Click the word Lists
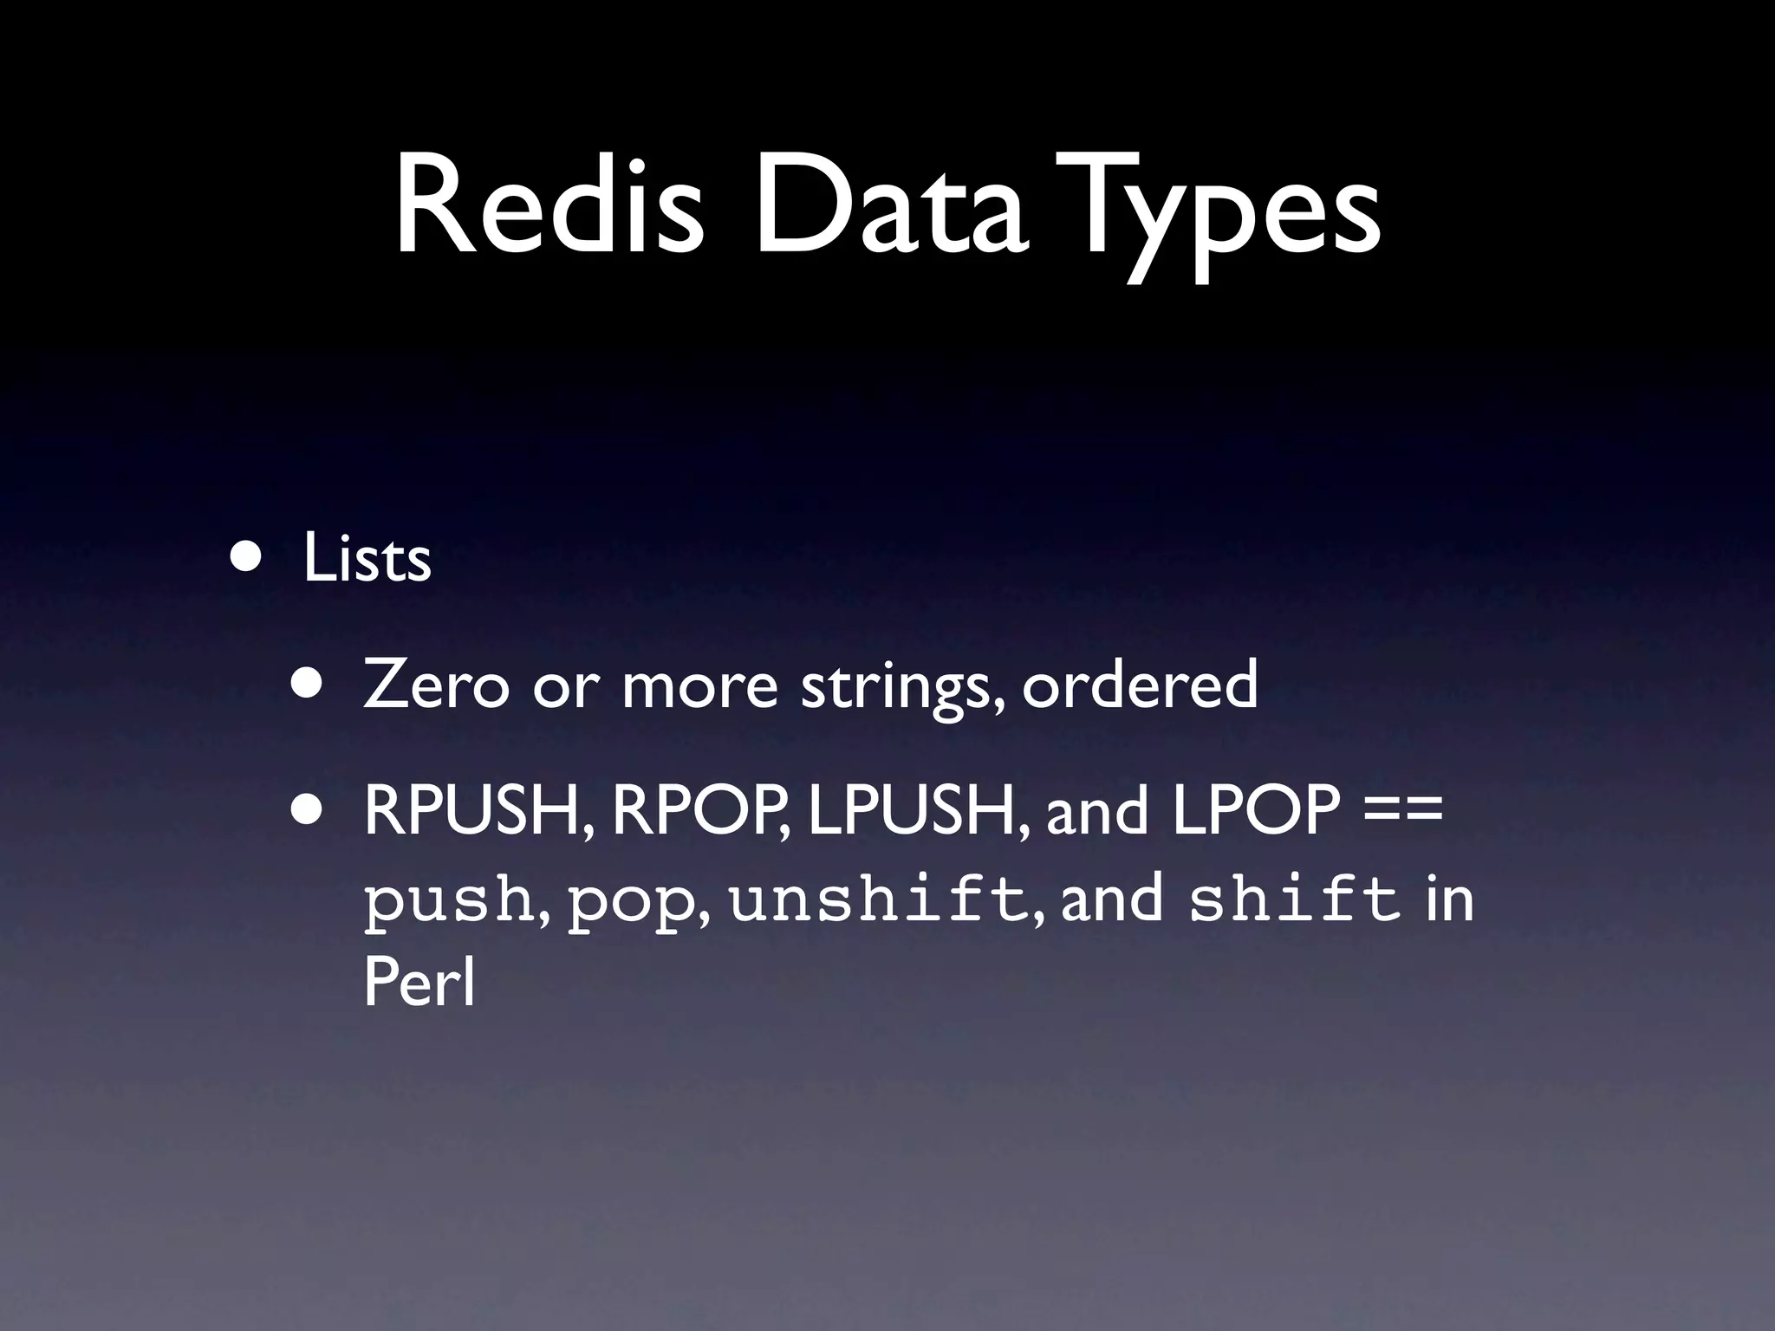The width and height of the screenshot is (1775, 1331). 367,559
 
